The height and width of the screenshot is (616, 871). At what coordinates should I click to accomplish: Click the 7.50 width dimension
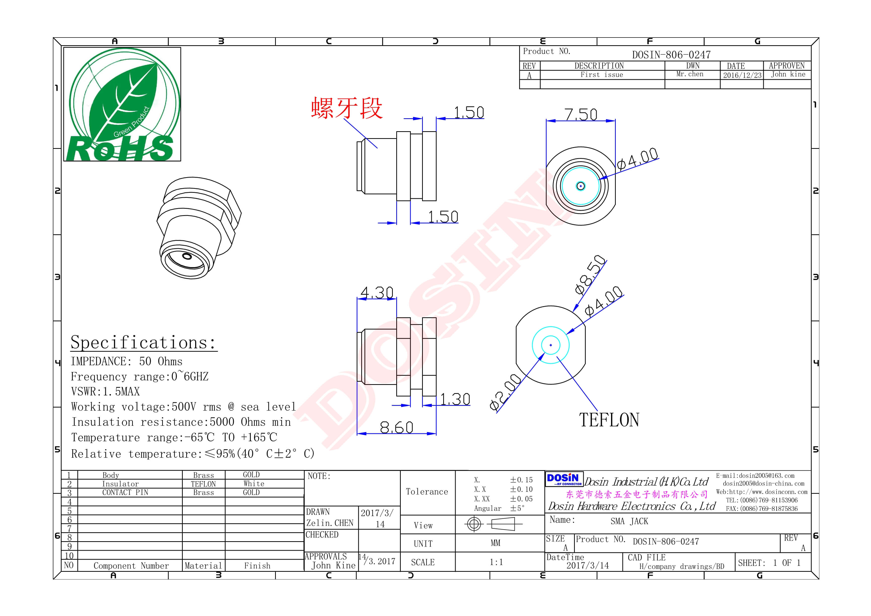(x=581, y=114)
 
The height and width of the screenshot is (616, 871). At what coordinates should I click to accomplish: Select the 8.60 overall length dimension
(x=397, y=428)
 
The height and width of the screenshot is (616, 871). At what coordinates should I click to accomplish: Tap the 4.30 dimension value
(x=377, y=293)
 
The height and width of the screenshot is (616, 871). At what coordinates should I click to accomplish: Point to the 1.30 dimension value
(x=455, y=399)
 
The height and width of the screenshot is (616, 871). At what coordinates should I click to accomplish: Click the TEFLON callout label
(x=609, y=420)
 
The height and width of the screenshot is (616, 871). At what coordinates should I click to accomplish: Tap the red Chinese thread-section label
(x=347, y=108)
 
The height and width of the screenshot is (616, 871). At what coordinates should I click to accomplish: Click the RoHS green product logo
(x=122, y=104)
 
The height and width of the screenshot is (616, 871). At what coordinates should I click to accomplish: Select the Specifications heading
(x=144, y=343)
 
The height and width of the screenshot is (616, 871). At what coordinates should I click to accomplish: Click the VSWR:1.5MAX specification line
(x=106, y=392)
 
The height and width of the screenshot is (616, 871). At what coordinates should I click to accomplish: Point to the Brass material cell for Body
(x=203, y=475)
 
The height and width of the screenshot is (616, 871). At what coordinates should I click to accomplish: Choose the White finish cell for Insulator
(x=254, y=484)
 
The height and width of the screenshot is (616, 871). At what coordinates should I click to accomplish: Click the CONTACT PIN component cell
(x=125, y=493)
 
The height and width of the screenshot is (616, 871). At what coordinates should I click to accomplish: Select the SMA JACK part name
(x=629, y=522)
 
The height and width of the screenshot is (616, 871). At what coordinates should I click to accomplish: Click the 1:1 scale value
(x=496, y=562)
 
